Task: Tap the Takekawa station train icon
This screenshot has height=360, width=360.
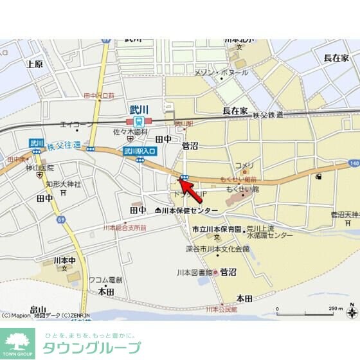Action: pyautogui.click(x=139, y=122)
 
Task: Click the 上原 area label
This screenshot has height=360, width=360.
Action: pyautogui.click(x=34, y=64)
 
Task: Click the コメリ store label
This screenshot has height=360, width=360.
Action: pyautogui.click(x=244, y=165)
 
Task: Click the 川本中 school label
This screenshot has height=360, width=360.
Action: pyautogui.click(x=64, y=260)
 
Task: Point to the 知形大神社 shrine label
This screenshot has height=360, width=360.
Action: pyautogui.click(x=63, y=184)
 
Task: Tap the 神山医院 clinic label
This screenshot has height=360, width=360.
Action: pyautogui.click(x=39, y=167)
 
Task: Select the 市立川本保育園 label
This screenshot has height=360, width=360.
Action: pyautogui.click(x=217, y=229)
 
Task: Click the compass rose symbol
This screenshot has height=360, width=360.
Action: pyautogui.click(x=352, y=313)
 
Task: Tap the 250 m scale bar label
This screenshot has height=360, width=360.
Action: pyautogui.click(x=336, y=309)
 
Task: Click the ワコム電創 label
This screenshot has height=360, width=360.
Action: pyautogui.click(x=105, y=280)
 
